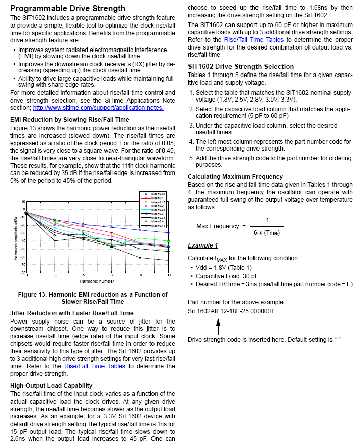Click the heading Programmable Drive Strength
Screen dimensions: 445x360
click(68, 8)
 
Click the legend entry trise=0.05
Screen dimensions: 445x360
click(156, 194)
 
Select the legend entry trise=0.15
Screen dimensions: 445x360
click(156, 202)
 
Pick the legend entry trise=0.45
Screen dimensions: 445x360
click(156, 225)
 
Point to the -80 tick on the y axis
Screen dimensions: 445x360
click(23, 273)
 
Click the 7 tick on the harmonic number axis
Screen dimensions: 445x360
click(112, 276)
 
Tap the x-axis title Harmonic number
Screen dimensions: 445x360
click(97, 282)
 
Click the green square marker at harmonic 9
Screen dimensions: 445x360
click(141, 238)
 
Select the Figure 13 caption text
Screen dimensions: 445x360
click(93, 299)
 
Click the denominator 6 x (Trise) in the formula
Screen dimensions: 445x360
click(267, 232)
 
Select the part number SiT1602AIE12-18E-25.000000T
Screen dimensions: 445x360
click(231, 311)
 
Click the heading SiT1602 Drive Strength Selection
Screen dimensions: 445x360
click(241, 66)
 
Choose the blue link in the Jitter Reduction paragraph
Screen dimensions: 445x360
click(94, 366)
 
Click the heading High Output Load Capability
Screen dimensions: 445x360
click(52, 385)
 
